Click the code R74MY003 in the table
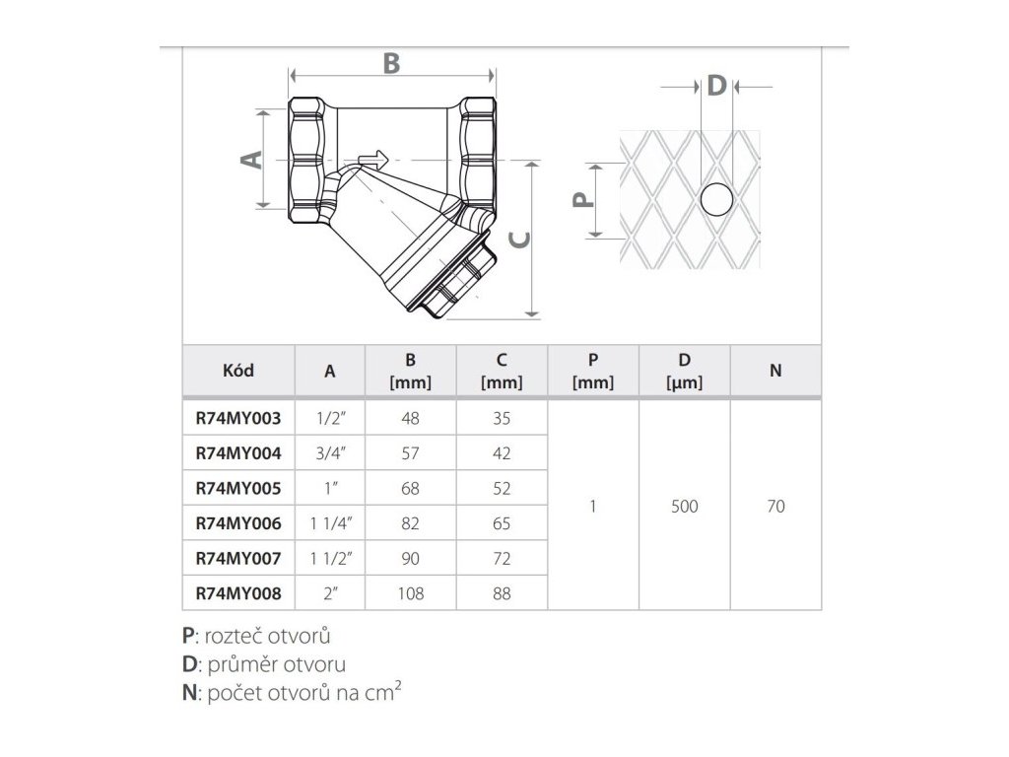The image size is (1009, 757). click(x=238, y=418)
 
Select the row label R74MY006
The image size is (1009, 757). click(x=238, y=524)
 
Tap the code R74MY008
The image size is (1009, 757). click(x=238, y=593)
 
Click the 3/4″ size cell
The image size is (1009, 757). click(x=330, y=453)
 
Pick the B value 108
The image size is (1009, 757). click(x=410, y=593)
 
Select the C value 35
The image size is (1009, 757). click(x=501, y=418)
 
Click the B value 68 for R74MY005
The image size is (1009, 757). click(x=410, y=489)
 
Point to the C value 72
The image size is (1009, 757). click(x=501, y=559)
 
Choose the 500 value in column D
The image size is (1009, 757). click(x=684, y=507)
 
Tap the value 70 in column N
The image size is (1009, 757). click(x=775, y=507)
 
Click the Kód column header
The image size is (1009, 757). click(x=238, y=371)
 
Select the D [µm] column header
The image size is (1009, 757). click(x=684, y=371)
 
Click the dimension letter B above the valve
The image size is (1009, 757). click(x=391, y=62)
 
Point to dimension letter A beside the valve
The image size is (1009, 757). click(x=252, y=159)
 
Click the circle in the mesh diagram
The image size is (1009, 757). click(x=716, y=200)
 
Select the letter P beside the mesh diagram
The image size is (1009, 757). click(x=584, y=200)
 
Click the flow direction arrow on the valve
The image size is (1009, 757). click(x=372, y=160)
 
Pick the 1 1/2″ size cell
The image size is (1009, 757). click(x=330, y=559)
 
